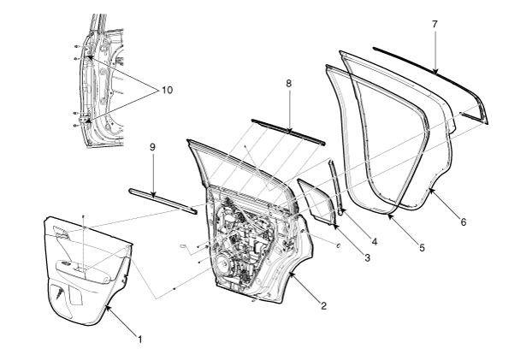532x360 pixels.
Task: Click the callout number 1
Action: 140,340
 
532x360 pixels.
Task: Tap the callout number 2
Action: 322,305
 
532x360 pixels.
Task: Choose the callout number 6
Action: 463,222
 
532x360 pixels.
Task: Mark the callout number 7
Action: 434,25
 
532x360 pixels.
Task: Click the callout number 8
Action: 289,85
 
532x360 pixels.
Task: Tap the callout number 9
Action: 151,147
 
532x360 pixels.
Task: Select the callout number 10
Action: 165,90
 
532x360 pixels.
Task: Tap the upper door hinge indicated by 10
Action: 89,58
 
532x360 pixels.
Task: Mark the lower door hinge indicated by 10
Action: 87,115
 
